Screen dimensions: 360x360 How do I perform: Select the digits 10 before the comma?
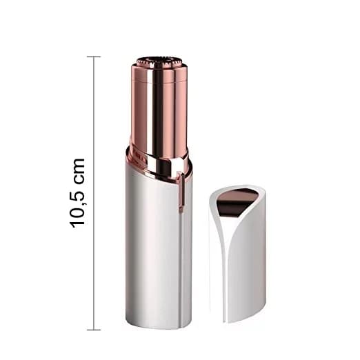[x=77, y=214]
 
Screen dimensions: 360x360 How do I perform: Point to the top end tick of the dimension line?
[x=94, y=57]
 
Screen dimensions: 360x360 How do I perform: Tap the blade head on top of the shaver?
[x=159, y=62]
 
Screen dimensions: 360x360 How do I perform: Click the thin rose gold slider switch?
[x=181, y=192]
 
